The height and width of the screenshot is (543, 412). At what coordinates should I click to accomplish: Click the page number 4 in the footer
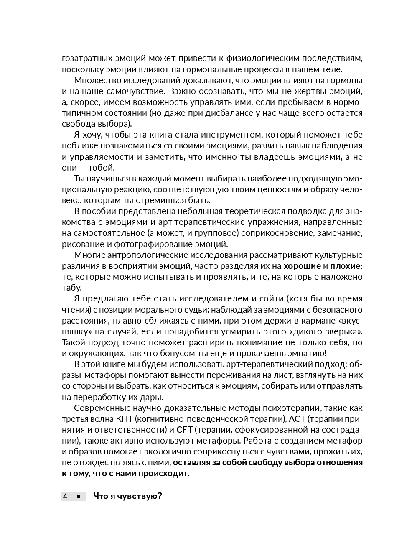point(65,496)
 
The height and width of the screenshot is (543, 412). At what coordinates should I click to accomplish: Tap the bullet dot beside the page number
point(78,496)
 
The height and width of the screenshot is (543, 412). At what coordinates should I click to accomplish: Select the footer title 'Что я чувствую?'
point(127,496)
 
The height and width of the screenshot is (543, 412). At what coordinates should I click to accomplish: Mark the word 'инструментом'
point(231,135)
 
